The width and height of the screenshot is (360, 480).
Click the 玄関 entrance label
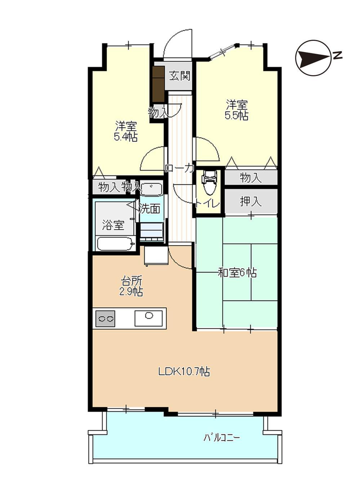179,76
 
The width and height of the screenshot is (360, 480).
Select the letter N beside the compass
338,55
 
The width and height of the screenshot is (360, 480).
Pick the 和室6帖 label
237,273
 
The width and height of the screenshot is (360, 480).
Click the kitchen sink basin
148,318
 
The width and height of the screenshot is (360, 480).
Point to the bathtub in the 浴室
116,244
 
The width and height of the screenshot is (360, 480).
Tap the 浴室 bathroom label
113,225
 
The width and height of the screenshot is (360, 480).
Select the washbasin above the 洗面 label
151,189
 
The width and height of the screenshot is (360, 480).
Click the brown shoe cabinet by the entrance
158,84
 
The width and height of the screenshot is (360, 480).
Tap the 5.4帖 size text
125,137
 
